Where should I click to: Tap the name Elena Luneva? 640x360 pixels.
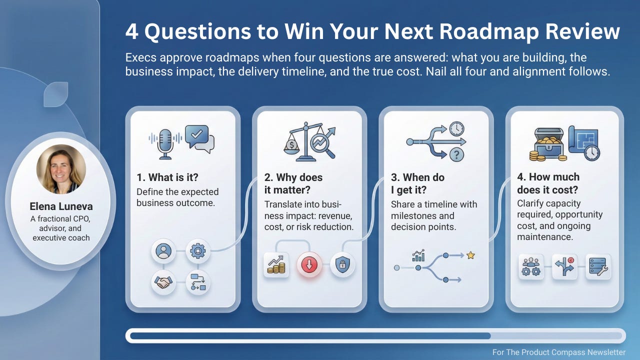coord(61,206)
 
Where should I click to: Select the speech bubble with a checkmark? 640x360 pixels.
coord(198,136)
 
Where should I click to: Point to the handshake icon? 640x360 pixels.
coord(163,282)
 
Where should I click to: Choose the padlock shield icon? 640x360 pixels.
coord(342,265)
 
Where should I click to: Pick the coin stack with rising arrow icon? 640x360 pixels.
coord(276,265)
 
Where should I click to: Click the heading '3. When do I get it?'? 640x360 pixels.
coord(417,183)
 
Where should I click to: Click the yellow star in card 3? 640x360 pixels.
coord(470,255)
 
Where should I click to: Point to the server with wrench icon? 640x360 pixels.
coord(598,266)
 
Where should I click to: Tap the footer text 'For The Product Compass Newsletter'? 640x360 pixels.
coord(558,352)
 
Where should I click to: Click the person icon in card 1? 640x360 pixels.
coord(163,250)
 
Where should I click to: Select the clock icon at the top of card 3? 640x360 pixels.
coord(456,129)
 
